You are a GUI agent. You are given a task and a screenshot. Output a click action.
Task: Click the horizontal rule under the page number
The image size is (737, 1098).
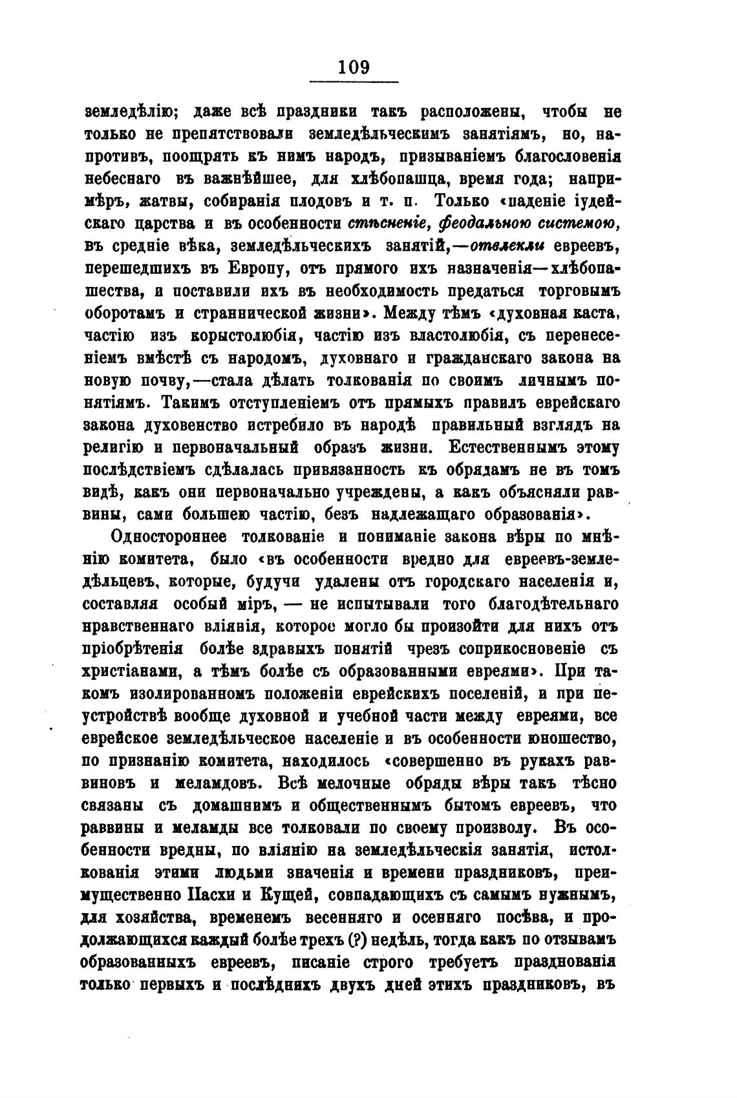coord(354,81)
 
